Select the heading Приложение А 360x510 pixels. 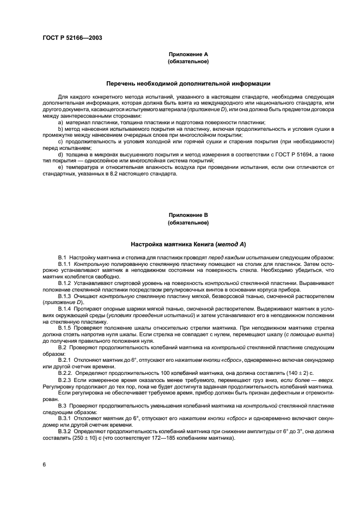[188, 54]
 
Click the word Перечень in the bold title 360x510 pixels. [123, 83]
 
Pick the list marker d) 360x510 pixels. [60, 155]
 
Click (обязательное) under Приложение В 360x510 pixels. [188, 223]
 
